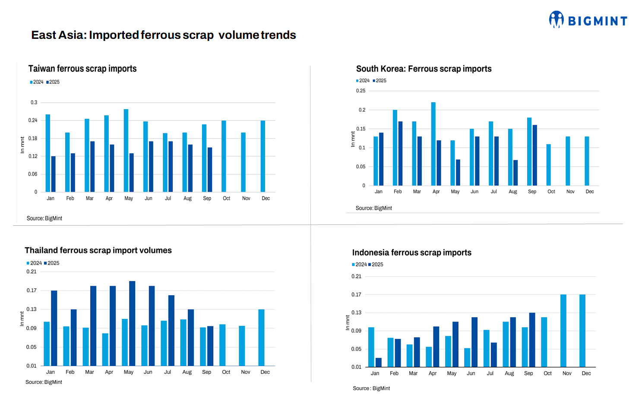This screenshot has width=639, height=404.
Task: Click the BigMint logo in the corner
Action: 588,20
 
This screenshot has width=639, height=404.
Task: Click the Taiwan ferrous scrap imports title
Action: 82,69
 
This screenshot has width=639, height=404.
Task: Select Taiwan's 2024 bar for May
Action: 126,150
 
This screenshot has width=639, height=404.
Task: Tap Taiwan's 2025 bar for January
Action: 54,174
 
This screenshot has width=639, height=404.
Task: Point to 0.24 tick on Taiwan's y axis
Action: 33,120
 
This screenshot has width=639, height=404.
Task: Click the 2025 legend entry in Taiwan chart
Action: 53,82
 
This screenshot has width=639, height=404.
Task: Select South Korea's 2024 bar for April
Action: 433,144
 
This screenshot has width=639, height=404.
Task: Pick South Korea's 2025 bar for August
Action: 516,173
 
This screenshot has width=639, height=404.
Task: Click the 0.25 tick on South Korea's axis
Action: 361,91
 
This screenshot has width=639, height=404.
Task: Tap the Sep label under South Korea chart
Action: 532,192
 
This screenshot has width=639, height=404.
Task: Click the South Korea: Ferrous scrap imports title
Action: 424,69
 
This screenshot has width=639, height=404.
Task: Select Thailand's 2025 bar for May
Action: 132,323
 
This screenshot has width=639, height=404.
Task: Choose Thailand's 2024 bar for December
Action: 261,338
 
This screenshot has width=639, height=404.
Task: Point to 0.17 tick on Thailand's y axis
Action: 32,290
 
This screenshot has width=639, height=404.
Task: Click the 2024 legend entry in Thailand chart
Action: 34,263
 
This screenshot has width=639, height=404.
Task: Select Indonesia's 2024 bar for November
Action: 563,331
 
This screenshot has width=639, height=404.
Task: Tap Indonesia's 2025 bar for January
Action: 379,362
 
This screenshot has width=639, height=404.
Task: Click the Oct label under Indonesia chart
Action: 547,373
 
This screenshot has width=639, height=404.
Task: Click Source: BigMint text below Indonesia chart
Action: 371,388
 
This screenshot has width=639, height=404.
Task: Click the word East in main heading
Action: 43,35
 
